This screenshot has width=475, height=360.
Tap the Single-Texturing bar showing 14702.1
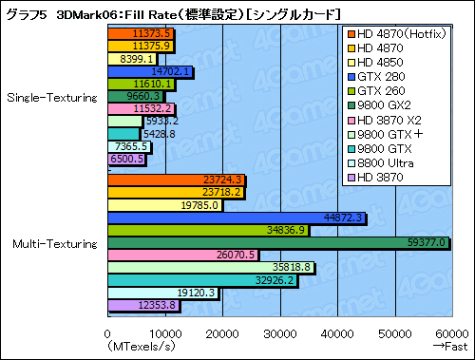tap(149, 71)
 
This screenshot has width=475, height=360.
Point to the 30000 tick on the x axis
tap(279, 333)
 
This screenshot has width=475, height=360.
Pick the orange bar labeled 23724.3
tap(176, 180)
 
